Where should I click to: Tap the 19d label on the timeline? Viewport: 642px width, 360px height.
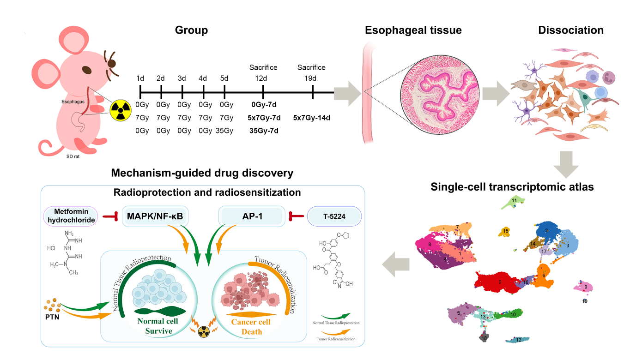coord(312,78)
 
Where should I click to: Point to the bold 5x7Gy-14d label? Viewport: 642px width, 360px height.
coord(312,118)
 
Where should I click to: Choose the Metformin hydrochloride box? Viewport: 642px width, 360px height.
coord(71,216)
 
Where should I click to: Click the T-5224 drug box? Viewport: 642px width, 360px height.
coord(334,216)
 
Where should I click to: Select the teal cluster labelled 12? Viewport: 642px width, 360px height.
coord(518,340)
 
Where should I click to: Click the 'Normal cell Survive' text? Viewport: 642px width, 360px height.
coord(158,326)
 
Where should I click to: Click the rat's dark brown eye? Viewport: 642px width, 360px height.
coord(87,70)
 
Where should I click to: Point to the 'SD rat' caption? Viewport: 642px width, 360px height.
coord(73,156)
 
